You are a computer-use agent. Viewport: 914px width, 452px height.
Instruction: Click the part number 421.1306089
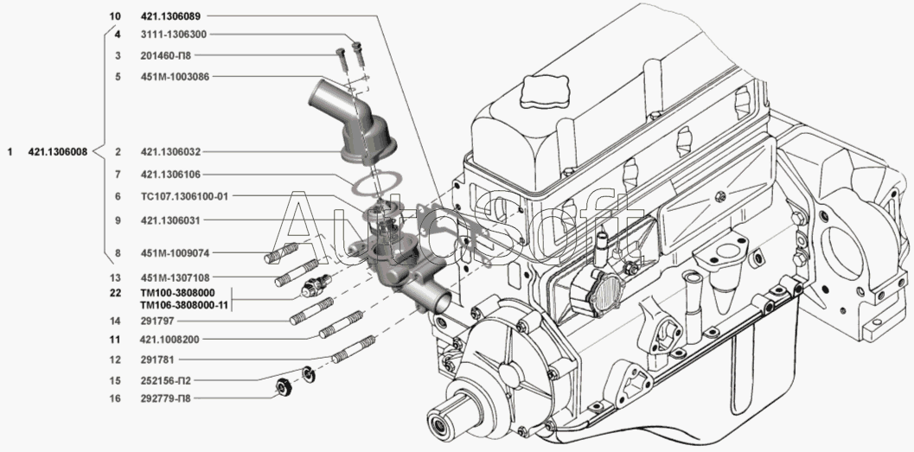click(170, 16)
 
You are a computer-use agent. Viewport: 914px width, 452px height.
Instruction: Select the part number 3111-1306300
click(173, 35)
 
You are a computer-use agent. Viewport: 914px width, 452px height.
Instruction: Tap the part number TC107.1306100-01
click(184, 196)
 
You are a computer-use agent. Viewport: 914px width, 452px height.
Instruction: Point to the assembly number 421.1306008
click(58, 152)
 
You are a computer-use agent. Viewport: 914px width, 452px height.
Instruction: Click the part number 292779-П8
click(165, 398)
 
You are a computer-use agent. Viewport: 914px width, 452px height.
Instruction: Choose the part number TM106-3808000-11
click(184, 304)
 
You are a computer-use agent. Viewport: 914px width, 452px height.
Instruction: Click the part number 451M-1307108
click(175, 277)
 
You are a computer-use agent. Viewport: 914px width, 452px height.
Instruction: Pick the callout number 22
click(115, 293)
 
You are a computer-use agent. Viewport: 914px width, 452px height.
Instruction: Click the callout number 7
click(118, 175)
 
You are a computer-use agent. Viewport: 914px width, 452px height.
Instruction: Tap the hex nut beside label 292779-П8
click(284, 388)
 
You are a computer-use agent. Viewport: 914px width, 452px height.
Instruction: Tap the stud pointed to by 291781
click(352, 349)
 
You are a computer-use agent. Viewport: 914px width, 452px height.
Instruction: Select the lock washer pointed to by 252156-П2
click(309, 374)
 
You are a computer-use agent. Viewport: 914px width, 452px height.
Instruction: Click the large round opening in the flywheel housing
click(846, 252)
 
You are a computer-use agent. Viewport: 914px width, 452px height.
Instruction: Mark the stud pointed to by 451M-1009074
click(282, 253)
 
